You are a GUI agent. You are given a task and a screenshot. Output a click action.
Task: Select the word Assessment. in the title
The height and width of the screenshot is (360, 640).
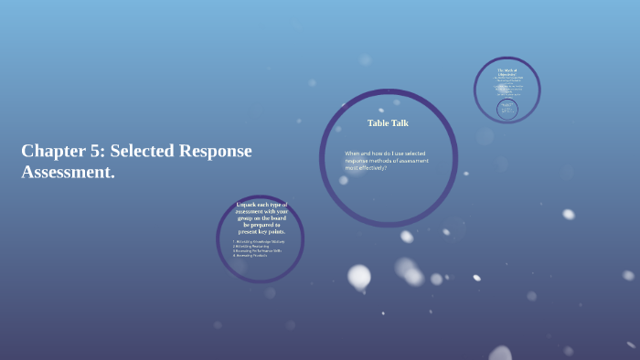[68, 172]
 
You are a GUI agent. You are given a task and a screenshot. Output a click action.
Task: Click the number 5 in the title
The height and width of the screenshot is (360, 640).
[97, 151]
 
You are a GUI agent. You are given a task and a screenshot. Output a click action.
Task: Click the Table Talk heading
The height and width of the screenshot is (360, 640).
[388, 122]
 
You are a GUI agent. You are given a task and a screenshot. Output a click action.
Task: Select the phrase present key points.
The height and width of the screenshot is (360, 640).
[261, 231]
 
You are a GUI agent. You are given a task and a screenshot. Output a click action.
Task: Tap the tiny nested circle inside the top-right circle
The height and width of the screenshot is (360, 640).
[507, 109]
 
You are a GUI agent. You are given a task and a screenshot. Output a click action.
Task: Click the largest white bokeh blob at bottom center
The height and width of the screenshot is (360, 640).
[359, 276]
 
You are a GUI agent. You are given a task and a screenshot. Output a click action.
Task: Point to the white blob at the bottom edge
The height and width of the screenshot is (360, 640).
[501, 354]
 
